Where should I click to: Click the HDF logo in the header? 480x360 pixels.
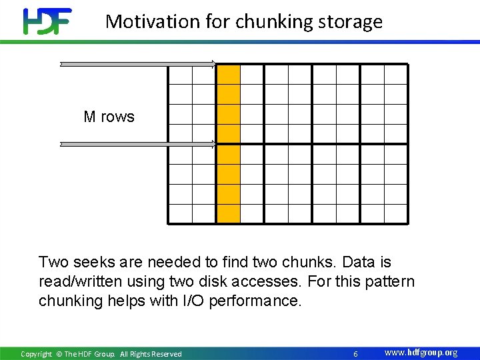coord(47,21)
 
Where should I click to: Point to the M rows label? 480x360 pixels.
coord(109,117)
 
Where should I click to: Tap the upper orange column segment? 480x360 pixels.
coord(229,104)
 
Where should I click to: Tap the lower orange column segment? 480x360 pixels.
coord(229,183)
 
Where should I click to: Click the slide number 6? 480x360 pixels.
coord(355,353)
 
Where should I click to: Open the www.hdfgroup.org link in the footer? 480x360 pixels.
coord(421,353)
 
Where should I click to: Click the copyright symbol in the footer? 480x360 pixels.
coord(59,354)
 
